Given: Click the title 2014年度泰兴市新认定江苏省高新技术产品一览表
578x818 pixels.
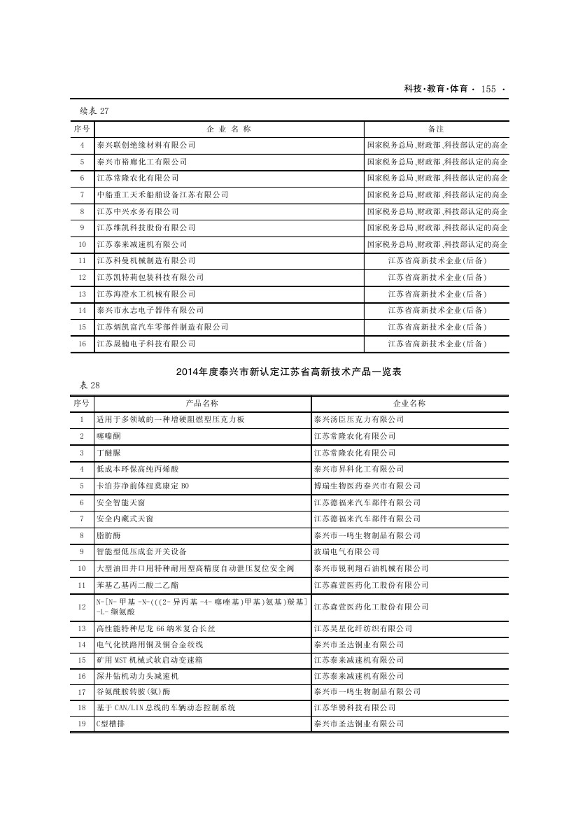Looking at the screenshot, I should click(x=289, y=373).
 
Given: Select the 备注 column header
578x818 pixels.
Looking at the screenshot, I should click(x=436, y=129).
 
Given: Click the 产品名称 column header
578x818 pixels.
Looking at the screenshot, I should click(x=202, y=403).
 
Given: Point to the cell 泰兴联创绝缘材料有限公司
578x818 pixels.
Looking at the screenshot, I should click(x=146, y=146).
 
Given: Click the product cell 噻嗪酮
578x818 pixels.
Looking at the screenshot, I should click(x=108, y=436).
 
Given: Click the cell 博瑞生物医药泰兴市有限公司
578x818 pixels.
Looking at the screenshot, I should click(x=367, y=486).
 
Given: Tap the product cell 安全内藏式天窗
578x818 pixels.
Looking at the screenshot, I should click(x=125, y=519).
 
